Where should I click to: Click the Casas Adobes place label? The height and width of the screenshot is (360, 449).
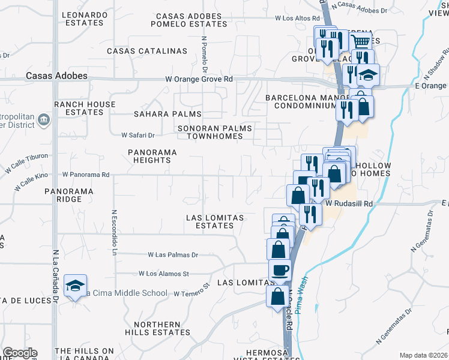pyautogui.click(x=56, y=76)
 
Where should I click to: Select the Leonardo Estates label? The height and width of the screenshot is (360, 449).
pyautogui.click(x=84, y=18)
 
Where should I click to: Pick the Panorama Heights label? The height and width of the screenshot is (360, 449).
pyautogui.click(x=152, y=156)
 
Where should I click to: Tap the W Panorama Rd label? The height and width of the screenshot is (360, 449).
pyautogui.click(x=85, y=175)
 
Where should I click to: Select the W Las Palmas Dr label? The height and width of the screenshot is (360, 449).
pyautogui.click(x=169, y=254)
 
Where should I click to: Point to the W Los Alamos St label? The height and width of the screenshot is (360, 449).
pyautogui.click(x=163, y=273)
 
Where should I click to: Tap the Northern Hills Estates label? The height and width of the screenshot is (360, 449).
pyautogui.click(x=157, y=328)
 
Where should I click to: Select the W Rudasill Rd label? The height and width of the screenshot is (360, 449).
pyautogui.click(x=349, y=204)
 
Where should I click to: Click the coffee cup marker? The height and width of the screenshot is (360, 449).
pyautogui.click(x=280, y=271)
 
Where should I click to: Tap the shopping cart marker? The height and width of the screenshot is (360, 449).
pyautogui.click(x=360, y=41)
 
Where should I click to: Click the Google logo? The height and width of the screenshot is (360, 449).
pyautogui.click(x=19, y=353)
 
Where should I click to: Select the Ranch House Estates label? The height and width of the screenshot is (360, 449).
pyautogui.click(x=85, y=108)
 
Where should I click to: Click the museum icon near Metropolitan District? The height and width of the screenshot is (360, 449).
pyautogui.click(x=44, y=121)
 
